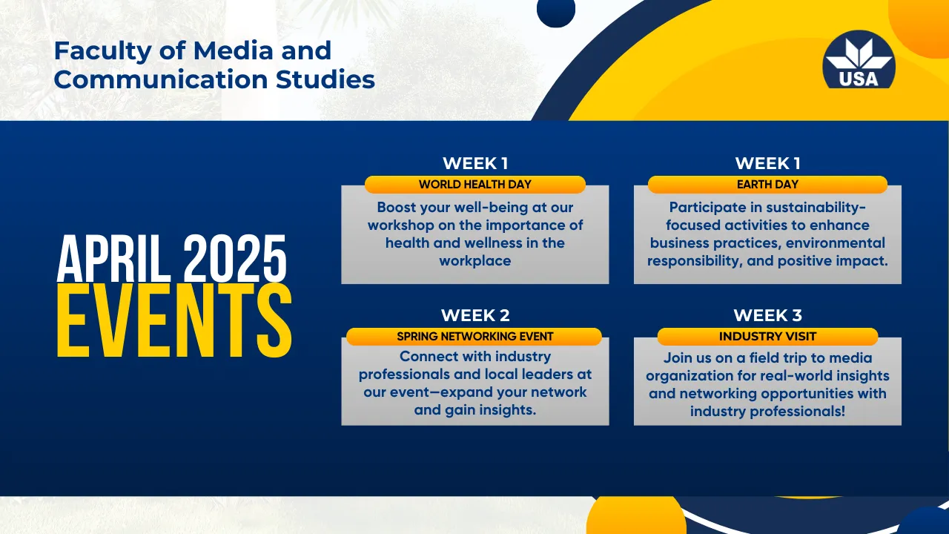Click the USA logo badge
point(859,60)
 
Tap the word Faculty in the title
point(103,52)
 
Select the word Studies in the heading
point(325,79)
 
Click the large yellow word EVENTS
point(174,320)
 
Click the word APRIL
point(114,259)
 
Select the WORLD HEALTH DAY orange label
point(475,185)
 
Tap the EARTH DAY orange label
point(767,185)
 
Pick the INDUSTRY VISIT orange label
point(767,337)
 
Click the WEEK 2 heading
point(475,315)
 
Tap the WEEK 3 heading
point(767,315)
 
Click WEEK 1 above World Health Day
point(475,163)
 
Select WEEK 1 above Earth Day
point(767,163)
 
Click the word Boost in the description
point(398,207)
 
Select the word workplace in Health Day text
point(475,261)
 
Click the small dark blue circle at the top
point(556,10)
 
